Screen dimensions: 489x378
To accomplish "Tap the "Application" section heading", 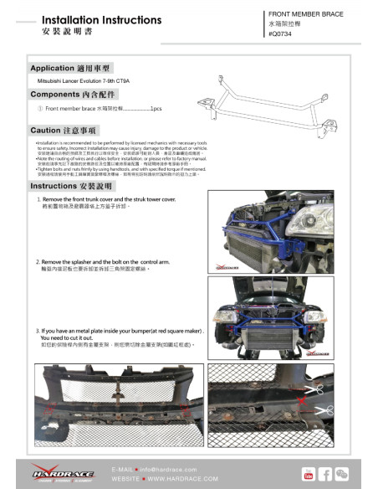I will [x=71, y=68].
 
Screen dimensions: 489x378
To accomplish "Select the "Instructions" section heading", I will [x=71, y=185].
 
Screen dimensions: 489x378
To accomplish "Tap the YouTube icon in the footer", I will [x=309, y=474].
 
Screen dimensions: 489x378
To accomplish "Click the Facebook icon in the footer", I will [x=326, y=474].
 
